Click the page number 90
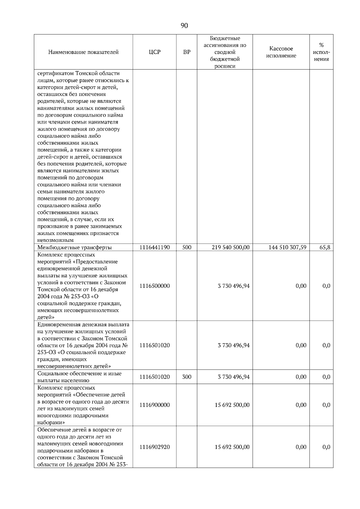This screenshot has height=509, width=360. click(184, 26)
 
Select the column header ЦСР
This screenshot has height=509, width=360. click(154, 52)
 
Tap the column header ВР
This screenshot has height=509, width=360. click(187, 52)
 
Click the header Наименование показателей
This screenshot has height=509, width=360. click(83, 52)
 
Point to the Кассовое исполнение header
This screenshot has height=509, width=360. click(281, 52)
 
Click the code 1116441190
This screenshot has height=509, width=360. click(154, 247)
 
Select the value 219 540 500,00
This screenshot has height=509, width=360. click(230, 247)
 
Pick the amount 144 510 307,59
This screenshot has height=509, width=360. click(287, 247)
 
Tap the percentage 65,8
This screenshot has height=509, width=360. click(325, 247)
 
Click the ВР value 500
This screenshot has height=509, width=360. click(187, 247)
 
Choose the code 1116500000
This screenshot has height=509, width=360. click(154, 286)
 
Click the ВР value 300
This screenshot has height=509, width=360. click(187, 377)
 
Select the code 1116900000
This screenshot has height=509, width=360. click(154, 405)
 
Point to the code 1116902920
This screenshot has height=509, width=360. click(154, 447)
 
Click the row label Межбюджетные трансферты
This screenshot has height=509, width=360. click(74, 248)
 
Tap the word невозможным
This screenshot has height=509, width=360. click(55, 240)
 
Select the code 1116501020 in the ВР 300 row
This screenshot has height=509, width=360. click(154, 377)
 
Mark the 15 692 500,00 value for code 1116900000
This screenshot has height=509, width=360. click(232, 405)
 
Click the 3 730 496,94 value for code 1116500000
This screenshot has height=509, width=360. click(233, 286)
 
